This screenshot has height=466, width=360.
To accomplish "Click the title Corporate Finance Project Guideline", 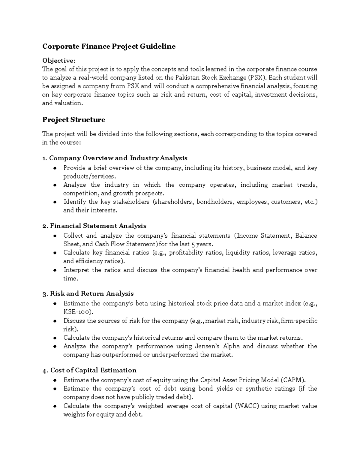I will tap(109, 47).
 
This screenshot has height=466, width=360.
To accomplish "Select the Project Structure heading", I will tap(73, 120).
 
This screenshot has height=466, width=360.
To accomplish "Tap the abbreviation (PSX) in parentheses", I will tap(258, 78).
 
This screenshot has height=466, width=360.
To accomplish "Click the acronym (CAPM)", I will tap(293, 380).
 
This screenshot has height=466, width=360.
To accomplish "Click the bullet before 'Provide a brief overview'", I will tap(55, 168).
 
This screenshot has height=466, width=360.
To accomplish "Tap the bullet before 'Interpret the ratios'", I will tap(55, 270).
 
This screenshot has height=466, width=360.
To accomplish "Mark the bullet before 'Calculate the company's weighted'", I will tap(55, 406).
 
